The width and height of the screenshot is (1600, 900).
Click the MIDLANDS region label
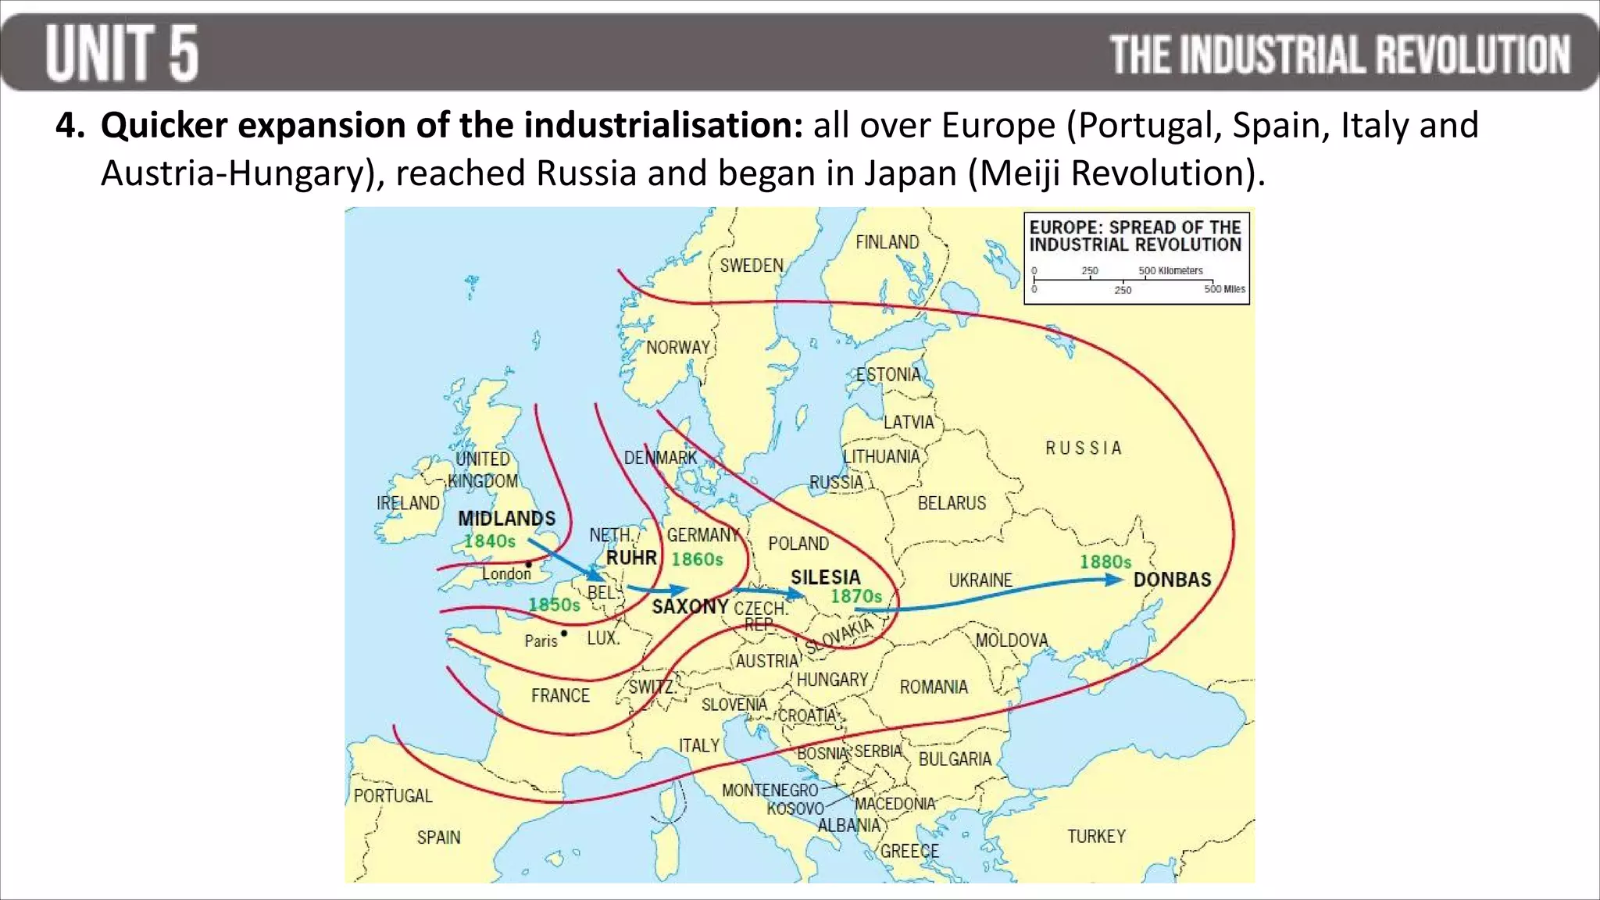pos(506,518)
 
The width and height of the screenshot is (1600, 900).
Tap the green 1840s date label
pos(489,541)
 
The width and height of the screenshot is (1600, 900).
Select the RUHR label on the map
pos(631,558)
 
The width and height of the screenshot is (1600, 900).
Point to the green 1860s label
pos(697,559)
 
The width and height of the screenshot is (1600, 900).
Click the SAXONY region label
pos(690,607)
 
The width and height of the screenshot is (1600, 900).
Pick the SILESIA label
pos(825,577)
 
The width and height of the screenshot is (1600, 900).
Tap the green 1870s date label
pos(855,597)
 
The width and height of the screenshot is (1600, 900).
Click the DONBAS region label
pos(1172,580)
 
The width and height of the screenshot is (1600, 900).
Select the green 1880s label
pos(1105,562)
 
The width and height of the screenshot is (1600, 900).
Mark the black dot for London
pos(529,564)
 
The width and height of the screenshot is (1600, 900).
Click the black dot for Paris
pos(564,633)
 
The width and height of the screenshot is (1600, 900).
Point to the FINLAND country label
pos(887,242)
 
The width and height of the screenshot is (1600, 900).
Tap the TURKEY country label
pos(1096,836)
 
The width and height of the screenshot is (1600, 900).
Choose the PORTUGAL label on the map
pos(392,795)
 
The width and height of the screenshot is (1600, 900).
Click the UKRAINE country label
pos(980,580)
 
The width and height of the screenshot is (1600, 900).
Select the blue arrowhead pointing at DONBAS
pos(1113,580)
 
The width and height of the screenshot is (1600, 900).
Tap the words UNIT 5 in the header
pos(122,52)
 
